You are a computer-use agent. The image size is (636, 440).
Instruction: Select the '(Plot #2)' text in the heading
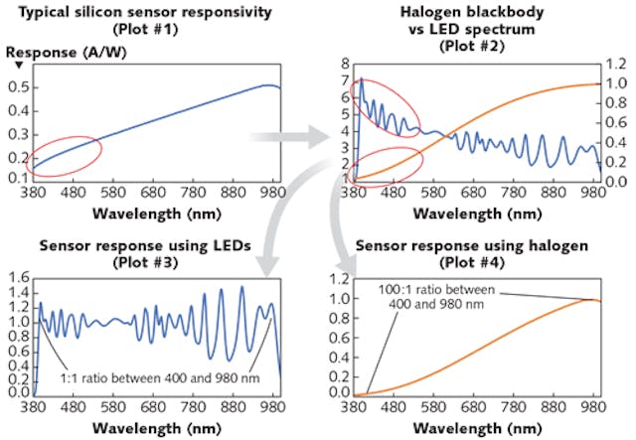[475, 50]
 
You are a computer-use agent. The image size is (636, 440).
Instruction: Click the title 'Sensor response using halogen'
[471, 247]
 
